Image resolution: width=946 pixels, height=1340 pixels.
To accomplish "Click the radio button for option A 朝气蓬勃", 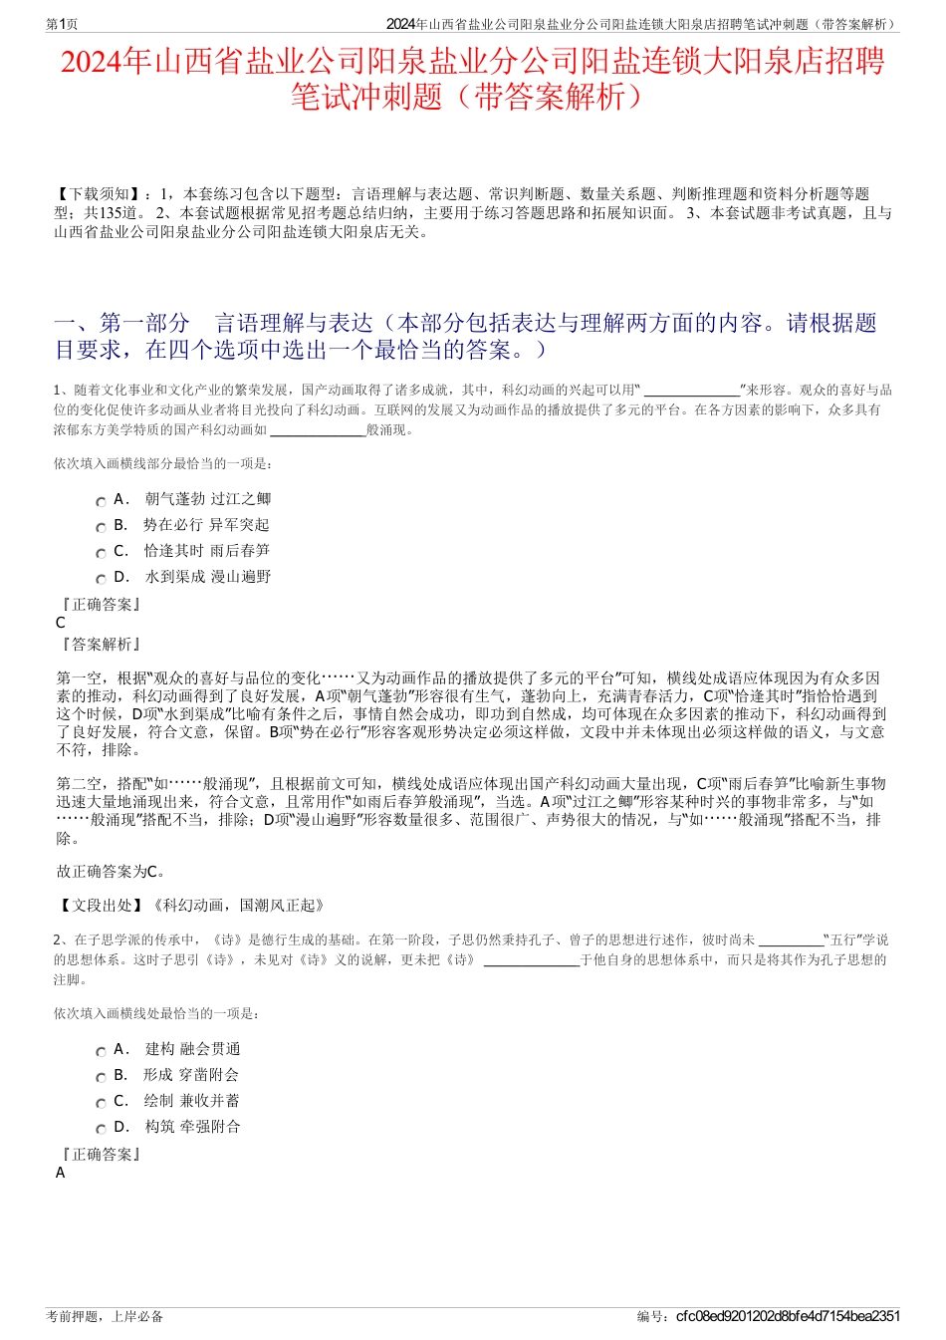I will tap(101, 502).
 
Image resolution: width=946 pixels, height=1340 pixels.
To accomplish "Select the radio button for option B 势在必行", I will tap(101, 528).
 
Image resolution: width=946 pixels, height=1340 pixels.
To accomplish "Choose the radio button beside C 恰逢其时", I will tap(101, 554).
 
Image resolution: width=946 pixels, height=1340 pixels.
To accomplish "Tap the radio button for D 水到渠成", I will tap(101, 580).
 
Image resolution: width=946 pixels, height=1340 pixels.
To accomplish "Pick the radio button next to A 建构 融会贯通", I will tap(101, 1052).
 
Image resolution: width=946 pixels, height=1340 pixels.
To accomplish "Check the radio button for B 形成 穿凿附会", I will tap(101, 1078).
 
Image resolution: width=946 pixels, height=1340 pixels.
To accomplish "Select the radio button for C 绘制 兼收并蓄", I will tap(101, 1104).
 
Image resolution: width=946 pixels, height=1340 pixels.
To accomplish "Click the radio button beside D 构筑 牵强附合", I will tap(101, 1130).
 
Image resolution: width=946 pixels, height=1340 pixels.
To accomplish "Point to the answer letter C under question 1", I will tap(61, 623).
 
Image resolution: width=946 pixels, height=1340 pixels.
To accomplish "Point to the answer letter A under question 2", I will tap(61, 1173).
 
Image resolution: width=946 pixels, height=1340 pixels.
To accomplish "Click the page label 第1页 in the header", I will tap(63, 24).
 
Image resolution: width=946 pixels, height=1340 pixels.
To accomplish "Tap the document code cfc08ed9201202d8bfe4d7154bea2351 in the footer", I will tap(788, 1316).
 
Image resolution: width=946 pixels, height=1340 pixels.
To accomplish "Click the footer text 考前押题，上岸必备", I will tap(105, 1316).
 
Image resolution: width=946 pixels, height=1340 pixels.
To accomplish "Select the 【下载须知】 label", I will tap(99, 194).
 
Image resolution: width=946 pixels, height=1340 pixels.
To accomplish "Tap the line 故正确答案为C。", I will tap(112, 872).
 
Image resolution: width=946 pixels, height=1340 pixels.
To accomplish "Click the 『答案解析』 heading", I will tap(100, 645).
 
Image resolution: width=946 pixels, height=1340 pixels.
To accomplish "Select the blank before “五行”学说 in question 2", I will tap(791, 939).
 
